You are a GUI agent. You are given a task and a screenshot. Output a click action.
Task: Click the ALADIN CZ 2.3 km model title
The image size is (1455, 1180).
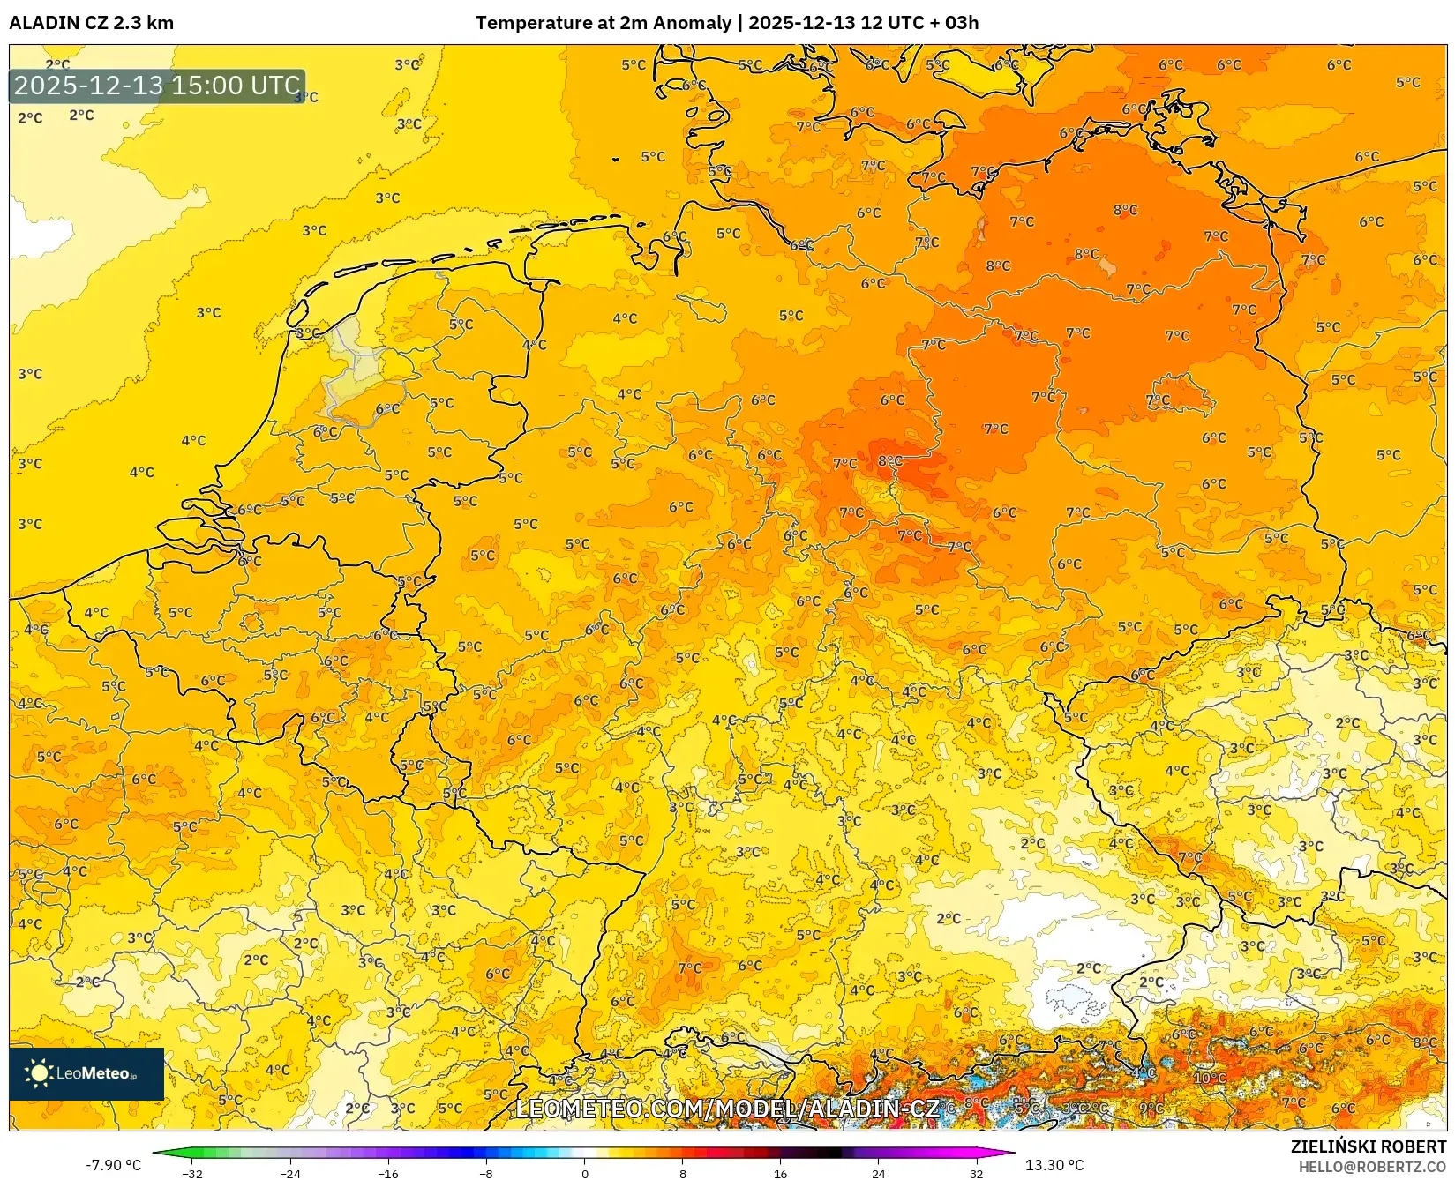[91, 23]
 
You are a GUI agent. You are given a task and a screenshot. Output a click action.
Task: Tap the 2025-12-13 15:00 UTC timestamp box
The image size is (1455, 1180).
[157, 86]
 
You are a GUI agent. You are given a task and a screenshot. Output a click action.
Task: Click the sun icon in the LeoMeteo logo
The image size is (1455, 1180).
[39, 1073]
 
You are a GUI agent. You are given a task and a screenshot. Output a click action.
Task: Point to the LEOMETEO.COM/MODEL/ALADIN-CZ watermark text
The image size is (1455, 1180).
[727, 1109]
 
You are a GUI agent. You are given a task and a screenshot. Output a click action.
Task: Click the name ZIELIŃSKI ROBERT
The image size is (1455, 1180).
[1368, 1147]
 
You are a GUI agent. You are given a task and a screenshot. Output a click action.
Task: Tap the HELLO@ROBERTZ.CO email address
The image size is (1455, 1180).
[1372, 1167]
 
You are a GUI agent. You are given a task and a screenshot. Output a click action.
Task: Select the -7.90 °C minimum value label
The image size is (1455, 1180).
[113, 1165]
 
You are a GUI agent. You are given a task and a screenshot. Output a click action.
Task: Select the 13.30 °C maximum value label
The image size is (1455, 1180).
[1054, 1165]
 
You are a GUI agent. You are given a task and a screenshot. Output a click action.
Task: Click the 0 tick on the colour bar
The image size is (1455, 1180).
[584, 1174]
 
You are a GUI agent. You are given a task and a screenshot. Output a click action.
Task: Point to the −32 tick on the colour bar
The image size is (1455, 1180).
[192, 1174]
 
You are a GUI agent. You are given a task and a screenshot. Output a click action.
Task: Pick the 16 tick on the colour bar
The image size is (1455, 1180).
[780, 1174]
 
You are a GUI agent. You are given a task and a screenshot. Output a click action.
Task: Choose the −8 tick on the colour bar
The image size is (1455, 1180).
[486, 1174]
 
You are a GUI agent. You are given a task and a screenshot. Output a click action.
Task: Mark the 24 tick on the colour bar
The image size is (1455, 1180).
[878, 1174]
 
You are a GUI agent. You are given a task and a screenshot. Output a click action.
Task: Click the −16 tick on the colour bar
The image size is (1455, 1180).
[388, 1174]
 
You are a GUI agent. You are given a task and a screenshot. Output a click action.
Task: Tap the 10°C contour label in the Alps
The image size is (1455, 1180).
[1209, 1078]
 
